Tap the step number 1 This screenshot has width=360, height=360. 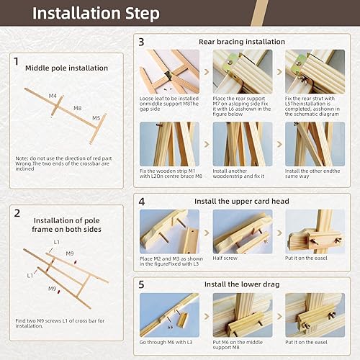pos(16,62)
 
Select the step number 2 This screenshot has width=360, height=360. pos(16,213)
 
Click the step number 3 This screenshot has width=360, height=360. pos(141,42)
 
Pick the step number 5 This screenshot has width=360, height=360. pos(141,284)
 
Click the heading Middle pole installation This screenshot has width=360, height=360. pos(66,68)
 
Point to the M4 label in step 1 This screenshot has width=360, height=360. pos(53,95)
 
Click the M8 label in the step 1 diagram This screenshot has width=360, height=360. pos(77,108)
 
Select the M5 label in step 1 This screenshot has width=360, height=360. pos(96,117)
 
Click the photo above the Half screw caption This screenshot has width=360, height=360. pos(242,233)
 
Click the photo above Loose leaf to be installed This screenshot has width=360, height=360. pos(169,72)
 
